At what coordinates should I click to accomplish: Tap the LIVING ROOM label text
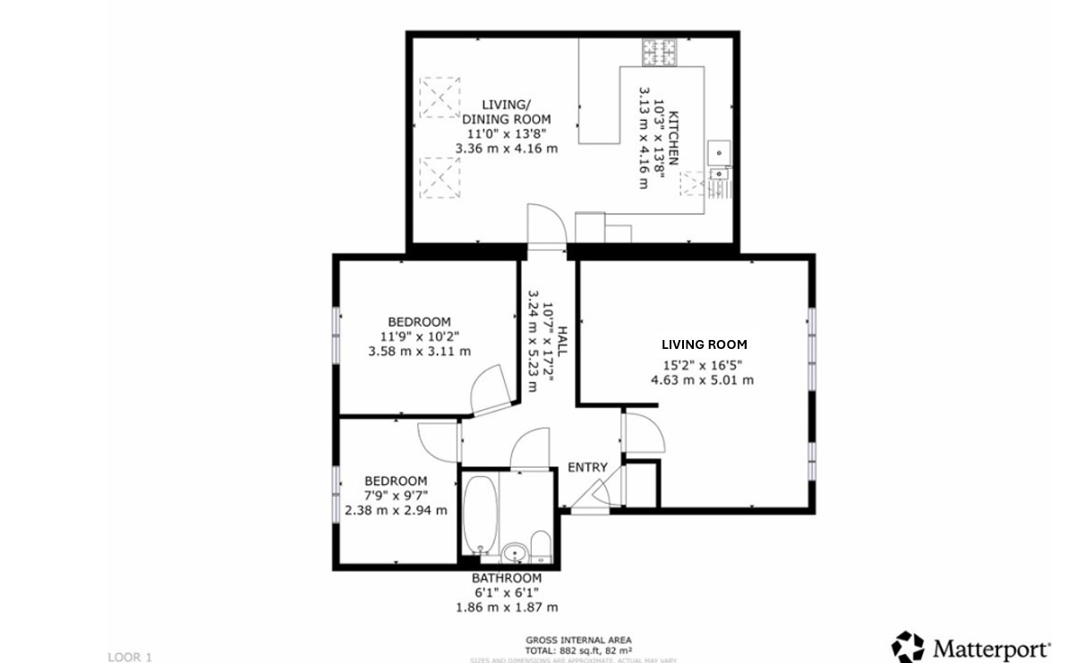704,344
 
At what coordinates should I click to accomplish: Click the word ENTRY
587,467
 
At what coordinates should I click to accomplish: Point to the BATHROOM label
507,578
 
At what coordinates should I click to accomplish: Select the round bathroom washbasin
515,550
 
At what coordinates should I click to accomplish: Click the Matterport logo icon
907,646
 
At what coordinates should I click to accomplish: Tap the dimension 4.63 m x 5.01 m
702,379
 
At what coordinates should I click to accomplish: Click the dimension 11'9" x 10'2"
419,336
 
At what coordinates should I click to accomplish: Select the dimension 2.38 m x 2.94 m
396,511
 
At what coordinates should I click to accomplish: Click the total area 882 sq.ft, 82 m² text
578,650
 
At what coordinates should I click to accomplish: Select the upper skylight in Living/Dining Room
440,97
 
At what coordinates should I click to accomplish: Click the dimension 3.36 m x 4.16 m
507,148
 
